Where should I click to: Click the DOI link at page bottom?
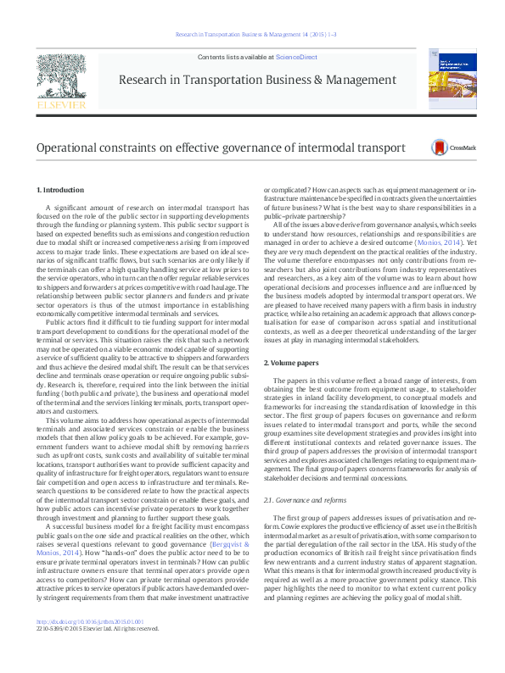pyautogui.click(x=90, y=644)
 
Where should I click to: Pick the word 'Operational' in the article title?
pyautogui.click(x=71, y=147)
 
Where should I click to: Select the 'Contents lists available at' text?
pyautogui.click(x=236, y=56)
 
